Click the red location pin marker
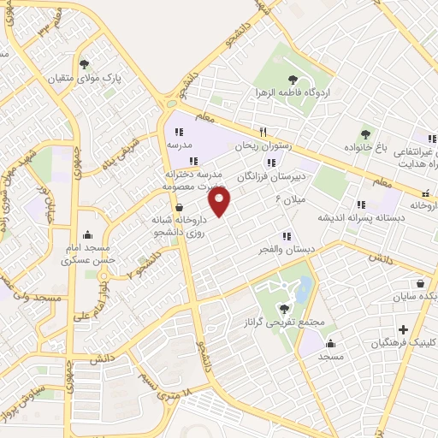(x=221, y=202)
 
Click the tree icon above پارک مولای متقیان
(x=84, y=64)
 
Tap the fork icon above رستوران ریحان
(x=263, y=132)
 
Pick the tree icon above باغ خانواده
(x=365, y=133)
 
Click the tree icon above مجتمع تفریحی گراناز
(x=283, y=308)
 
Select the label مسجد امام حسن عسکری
(x=87, y=252)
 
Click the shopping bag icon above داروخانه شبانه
(x=179, y=206)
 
